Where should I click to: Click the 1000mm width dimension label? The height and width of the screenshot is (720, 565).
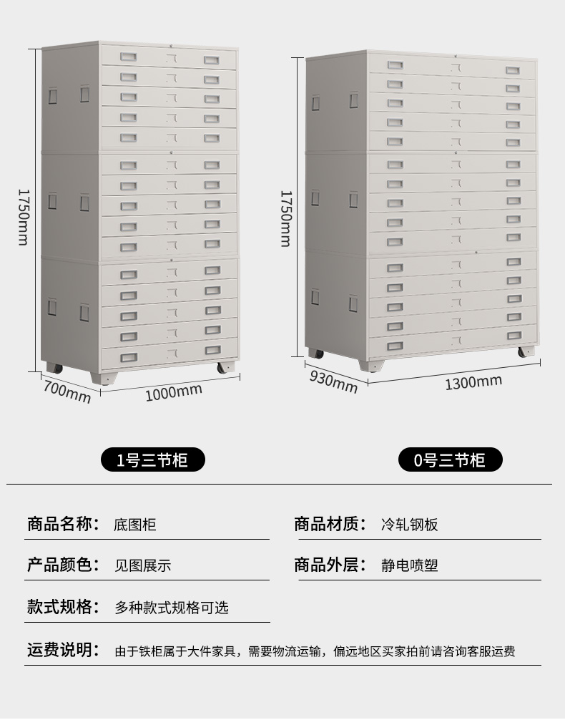coord(174,391)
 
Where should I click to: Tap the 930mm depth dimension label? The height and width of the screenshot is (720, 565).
coord(333,381)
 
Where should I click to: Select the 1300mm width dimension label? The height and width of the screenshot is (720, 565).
coord(473,381)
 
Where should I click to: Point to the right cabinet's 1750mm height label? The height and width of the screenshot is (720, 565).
coord(285,218)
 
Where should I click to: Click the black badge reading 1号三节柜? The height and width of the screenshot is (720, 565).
coord(152,459)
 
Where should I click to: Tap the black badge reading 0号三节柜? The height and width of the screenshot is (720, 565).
coord(450,460)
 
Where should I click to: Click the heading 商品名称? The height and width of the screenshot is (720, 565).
coord(63,524)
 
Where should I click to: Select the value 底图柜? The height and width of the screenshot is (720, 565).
coord(134,525)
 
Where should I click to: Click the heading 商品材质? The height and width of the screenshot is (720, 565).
coord(330,524)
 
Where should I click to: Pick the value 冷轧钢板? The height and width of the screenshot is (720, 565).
coord(409,525)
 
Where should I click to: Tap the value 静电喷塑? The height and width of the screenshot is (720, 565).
coord(409,565)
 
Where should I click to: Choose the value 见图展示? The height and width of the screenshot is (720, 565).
coord(143,565)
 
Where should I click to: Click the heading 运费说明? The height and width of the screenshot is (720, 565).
coord(63,650)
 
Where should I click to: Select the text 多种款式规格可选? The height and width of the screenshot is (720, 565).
coord(172,608)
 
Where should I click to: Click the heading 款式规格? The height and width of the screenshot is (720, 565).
coord(63,607)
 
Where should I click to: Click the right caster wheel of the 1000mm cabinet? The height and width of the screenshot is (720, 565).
coord(225,369)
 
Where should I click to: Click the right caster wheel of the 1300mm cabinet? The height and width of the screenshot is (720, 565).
coord(524,352)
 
